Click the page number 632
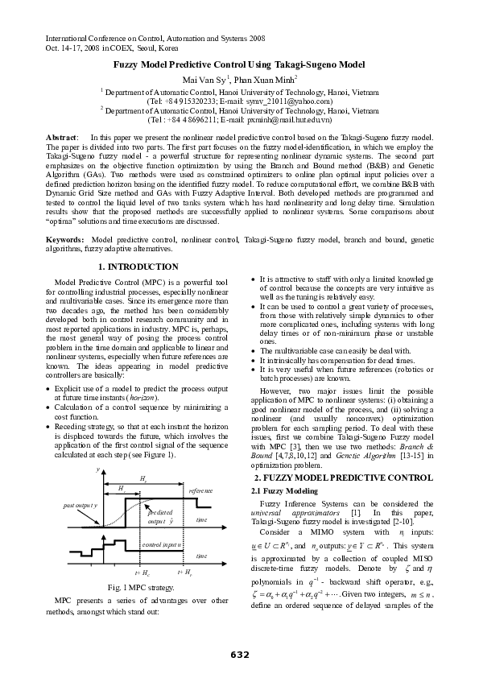[x=239, y=651]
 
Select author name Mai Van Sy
[x=208, y=78]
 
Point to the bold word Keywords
[x=65, y=241]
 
